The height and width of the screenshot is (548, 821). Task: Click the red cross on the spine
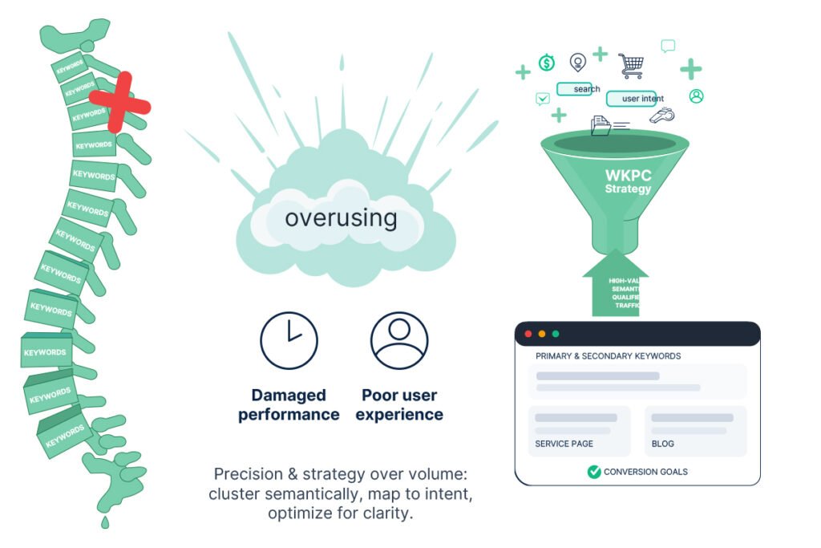coord(119,102)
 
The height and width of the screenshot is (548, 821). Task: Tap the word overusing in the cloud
coord(341,217)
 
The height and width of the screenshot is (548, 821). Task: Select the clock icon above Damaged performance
coord(289,340)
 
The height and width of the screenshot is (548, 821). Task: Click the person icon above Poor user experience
coord(398,340)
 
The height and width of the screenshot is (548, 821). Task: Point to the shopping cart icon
coord(630,65)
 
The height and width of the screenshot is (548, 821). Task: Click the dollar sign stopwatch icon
coord(547,63)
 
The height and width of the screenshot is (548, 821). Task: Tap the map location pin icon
coord(577,62)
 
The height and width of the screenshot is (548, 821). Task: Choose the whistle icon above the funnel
coord(661,116)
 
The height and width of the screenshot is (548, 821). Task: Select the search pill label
coord(586,89)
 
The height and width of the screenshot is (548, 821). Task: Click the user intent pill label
coord(632,99)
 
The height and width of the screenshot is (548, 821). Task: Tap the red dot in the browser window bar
coord(528,334)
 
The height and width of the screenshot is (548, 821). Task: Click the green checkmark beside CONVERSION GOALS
coord(594,472)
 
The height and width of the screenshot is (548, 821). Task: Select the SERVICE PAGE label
coord(564,444)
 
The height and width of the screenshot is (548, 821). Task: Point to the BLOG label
coord(663,444)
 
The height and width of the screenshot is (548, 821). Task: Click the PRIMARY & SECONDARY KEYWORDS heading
coord(608,355)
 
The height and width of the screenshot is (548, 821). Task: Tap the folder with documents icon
coord(601,125)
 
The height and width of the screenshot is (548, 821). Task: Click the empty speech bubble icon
coord(668,46)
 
